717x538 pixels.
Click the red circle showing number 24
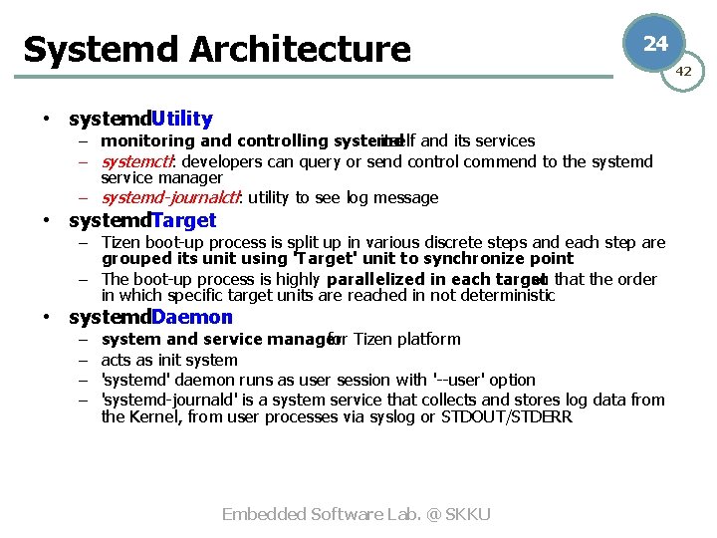point(654,43)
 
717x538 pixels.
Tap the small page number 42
point(684,71)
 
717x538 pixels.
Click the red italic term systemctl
point(138,161)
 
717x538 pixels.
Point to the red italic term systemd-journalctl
point(170,197)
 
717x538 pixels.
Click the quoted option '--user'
point(459,380)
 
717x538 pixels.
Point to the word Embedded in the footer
point(264,514)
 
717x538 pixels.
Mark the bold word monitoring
point(148,140)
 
